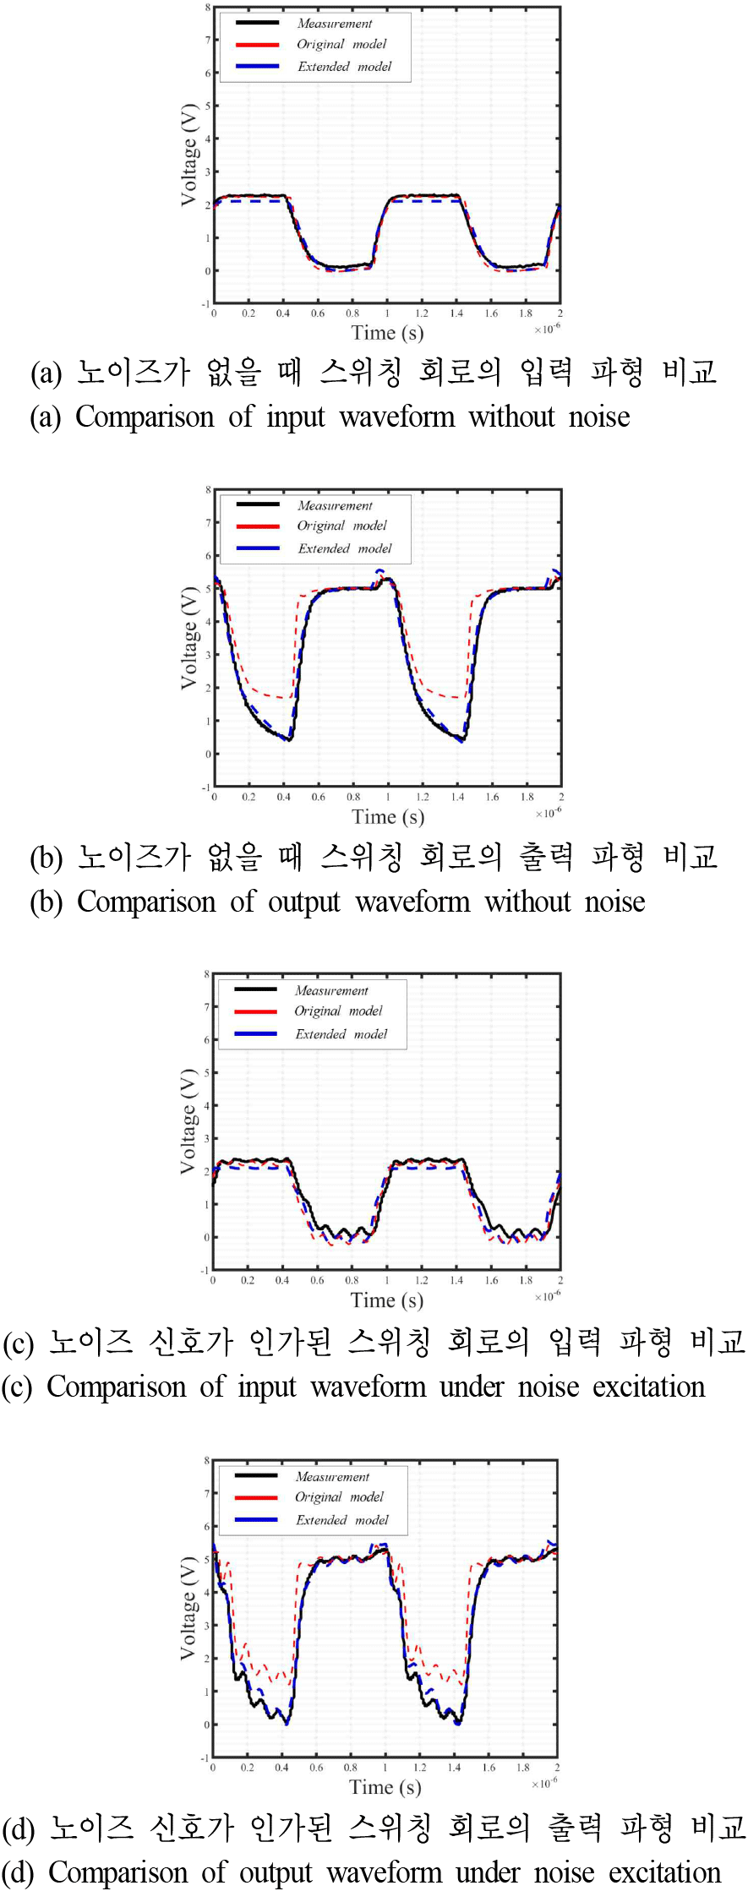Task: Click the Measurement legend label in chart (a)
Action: click(334, 24)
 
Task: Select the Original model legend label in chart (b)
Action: click(341, 526)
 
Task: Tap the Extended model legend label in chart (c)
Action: click(341, 1034)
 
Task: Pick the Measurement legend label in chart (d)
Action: click(332, 1477)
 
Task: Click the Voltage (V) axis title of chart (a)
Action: click(189, 155)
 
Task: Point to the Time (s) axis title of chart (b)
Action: click(388, 817)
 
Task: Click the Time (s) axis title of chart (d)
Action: click(385, 1787)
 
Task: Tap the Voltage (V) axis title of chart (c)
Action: click(188, 1121)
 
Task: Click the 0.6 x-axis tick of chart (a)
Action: click(318, 313)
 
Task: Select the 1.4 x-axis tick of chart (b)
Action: click(457, 797)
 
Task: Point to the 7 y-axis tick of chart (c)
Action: click(206, 1007)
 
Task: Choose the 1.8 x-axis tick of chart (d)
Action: click(523, 1767)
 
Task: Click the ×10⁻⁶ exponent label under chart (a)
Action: click(547, 329)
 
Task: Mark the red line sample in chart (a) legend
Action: click(257, 45)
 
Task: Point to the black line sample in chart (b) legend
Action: click(258, 504)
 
